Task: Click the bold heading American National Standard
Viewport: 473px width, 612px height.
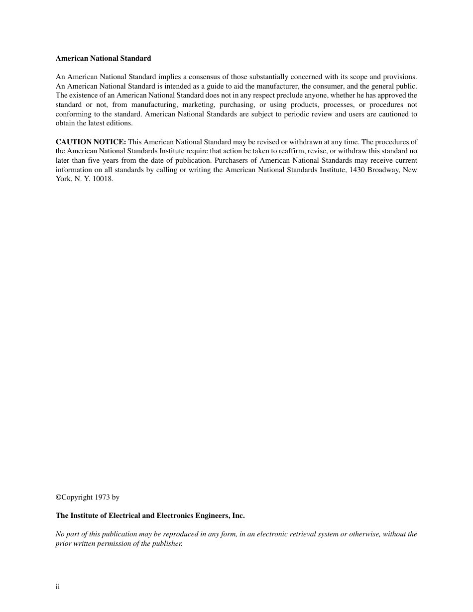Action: [103, 58]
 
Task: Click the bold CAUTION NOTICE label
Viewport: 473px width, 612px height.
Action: [91, 142]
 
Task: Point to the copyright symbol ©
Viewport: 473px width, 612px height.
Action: [58, 497]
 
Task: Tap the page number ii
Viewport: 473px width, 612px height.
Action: [58, 587]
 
